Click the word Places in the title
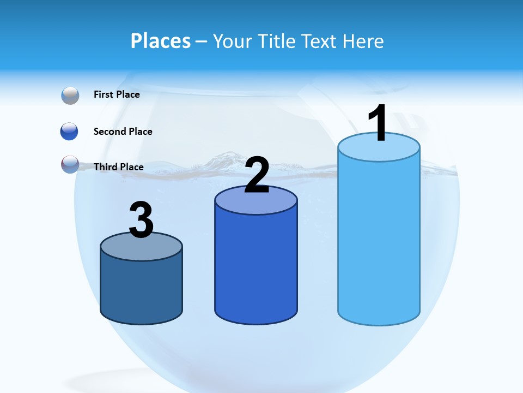pyautogui.click(x=161, y=41)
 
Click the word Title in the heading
pyautogui.click(x=277, y=41)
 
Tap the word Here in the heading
pyautogui.click(x=364, y=41)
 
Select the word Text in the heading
pyautogui.click(x=321, y=41)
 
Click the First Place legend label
pyautogui.click(x=117, y=94)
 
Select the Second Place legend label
pyautogui.click(x=123, y=132)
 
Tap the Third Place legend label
pyautogui.click(x=118, y=167)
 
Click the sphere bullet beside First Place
pyautogui.click(x=70, y=96)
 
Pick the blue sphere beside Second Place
pyautogui.click(x=69, y=132)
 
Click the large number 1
pyautogui.click(x=377, y=124)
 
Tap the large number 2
pyautogui.click(x=257, y=175)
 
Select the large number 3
pyautogui.click(x=141, y=220)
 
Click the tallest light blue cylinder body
pyautogui.click(x=379, y=240)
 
